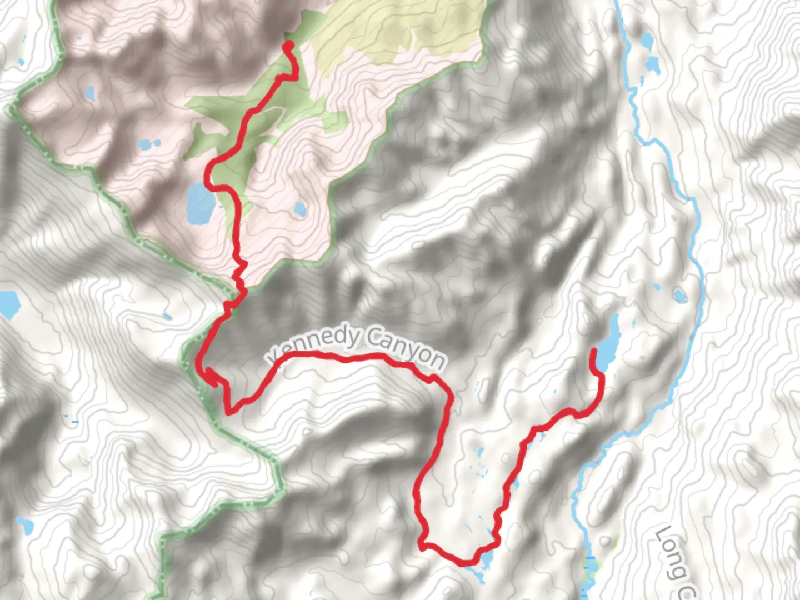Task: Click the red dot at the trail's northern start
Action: [x=288, y=44]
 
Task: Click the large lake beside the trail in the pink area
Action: [x=199, y=204]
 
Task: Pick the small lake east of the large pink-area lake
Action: [x=299, y=209]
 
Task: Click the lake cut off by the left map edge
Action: [x=9, y=304]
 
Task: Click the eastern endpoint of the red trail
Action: [x=594, y=351]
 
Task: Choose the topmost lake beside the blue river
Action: [x=647, y=42]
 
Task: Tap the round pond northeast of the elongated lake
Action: [x=679, y=295]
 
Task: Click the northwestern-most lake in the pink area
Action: [x=89, y=93]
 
